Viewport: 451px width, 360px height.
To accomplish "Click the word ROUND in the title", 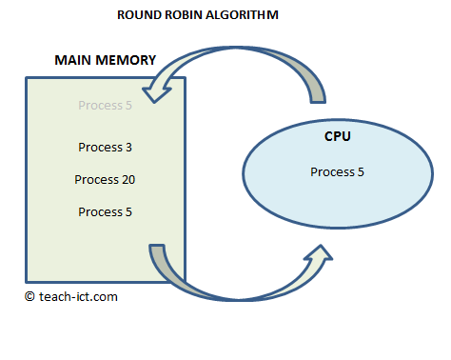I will (x=138, y=16).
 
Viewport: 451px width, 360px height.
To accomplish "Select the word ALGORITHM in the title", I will (x=245, y=16).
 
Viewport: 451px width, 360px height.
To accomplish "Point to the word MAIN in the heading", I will (x=73, y=60).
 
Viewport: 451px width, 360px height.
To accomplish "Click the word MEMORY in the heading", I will (x=127, y=60).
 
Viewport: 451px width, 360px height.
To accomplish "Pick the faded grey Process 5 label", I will (x=105, y=106).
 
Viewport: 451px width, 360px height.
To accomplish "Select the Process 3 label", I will (x=105, y=148).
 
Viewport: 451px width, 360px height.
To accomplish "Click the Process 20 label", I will (x=105, y=179).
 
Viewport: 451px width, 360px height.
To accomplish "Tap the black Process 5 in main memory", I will (x=105, y=211).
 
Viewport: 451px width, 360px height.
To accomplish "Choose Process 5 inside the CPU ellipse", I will (x=337, y=171).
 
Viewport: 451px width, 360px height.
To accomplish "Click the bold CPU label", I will (x=337, y=137).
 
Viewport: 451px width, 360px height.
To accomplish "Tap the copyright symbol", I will (x=30, y=296).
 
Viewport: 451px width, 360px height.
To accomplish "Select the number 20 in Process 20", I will (x=127, y=179).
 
